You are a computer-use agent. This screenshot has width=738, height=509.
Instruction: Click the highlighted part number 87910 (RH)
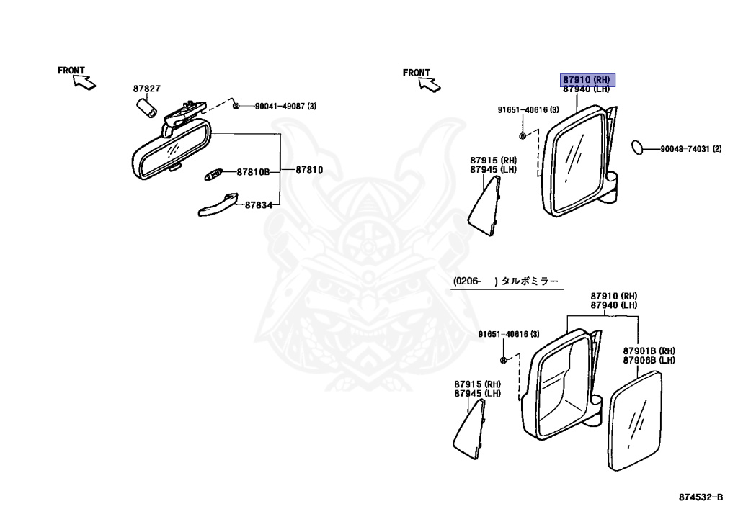click(587, 79)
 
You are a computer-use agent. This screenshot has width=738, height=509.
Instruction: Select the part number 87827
click(146, 89)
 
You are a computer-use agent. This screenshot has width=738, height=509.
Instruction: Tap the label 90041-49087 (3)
click(285, 107)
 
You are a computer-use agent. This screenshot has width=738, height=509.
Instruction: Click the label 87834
click(258, 205)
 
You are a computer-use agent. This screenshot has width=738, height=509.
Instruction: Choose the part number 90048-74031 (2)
click(690, 150)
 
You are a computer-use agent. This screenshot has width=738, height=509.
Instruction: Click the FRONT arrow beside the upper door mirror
click(425, 79)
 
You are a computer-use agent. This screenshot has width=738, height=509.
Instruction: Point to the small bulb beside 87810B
click(214, 173)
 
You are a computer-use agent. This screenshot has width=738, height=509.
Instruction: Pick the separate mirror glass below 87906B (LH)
click(635, 420)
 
